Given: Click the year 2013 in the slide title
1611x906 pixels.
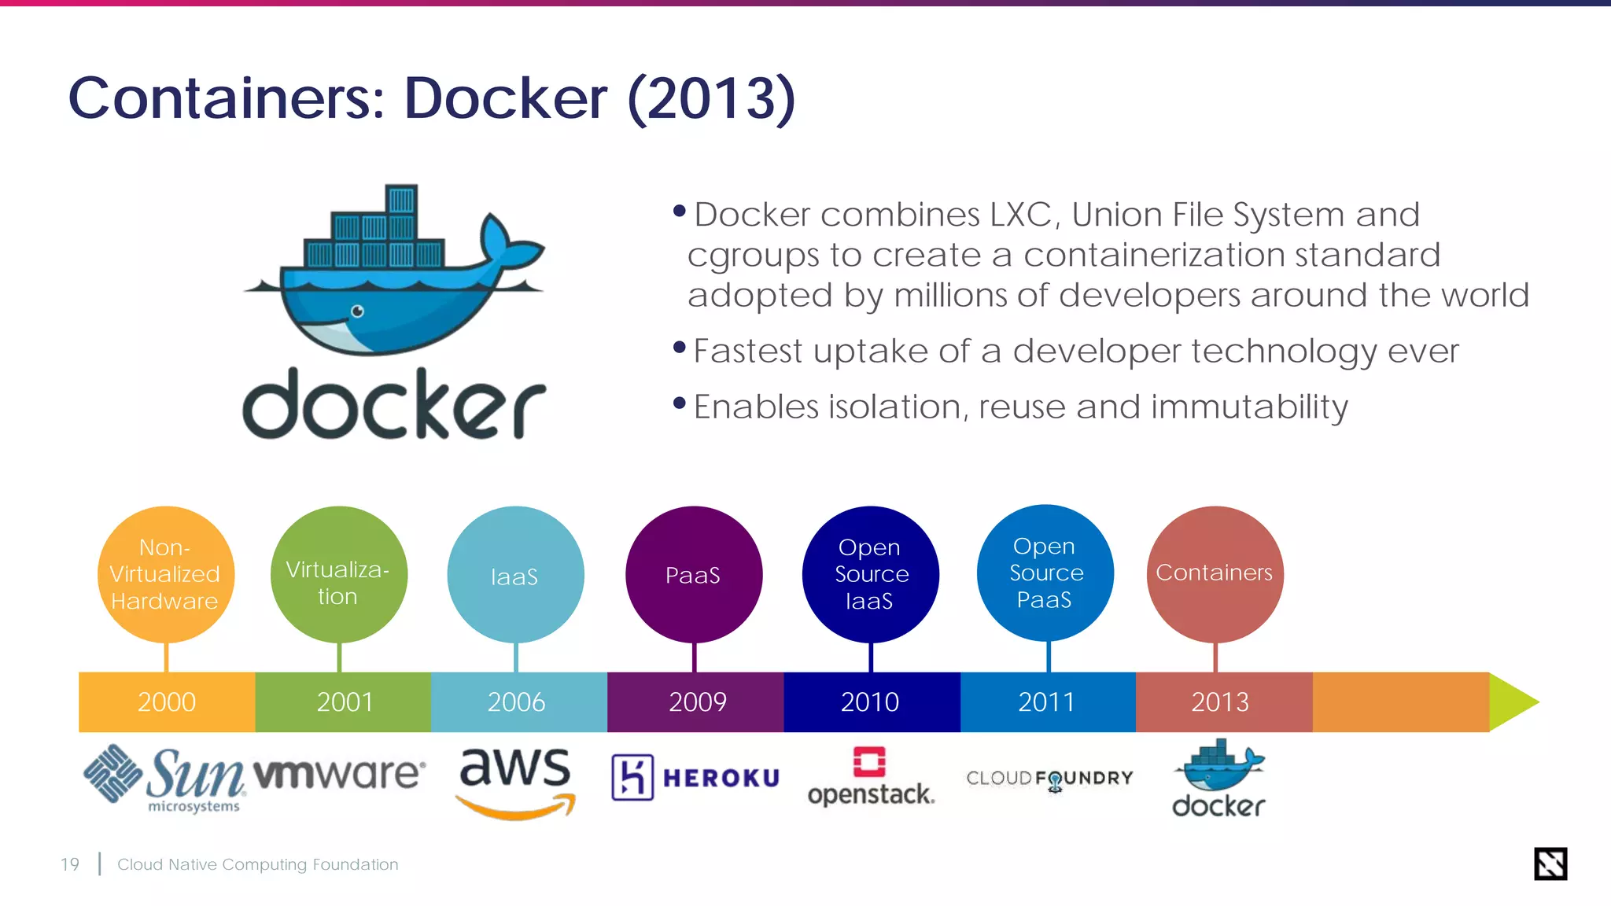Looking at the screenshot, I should point(711,99).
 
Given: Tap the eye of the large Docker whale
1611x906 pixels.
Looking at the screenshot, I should point(357,311).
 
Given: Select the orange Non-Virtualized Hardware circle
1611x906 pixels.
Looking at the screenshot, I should point(165,574).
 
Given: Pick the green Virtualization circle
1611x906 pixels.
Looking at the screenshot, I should point(338,574).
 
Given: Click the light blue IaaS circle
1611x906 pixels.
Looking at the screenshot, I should point(515,575).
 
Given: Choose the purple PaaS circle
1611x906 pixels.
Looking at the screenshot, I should point(693,575).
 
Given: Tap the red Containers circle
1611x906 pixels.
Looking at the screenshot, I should point(1215,573).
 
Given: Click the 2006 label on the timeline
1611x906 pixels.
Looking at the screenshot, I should point(516,702).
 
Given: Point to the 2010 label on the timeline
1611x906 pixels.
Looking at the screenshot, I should point(869,702).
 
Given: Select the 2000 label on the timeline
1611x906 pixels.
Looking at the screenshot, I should point(167,702).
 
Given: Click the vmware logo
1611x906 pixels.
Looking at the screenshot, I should point(339,774).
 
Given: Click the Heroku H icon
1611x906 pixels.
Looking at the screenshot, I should point(632,777).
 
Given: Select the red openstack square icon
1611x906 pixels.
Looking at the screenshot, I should point(869,761).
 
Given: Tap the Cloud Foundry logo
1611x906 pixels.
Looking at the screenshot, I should point(1049,779).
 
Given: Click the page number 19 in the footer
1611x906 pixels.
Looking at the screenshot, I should point(70,864).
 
